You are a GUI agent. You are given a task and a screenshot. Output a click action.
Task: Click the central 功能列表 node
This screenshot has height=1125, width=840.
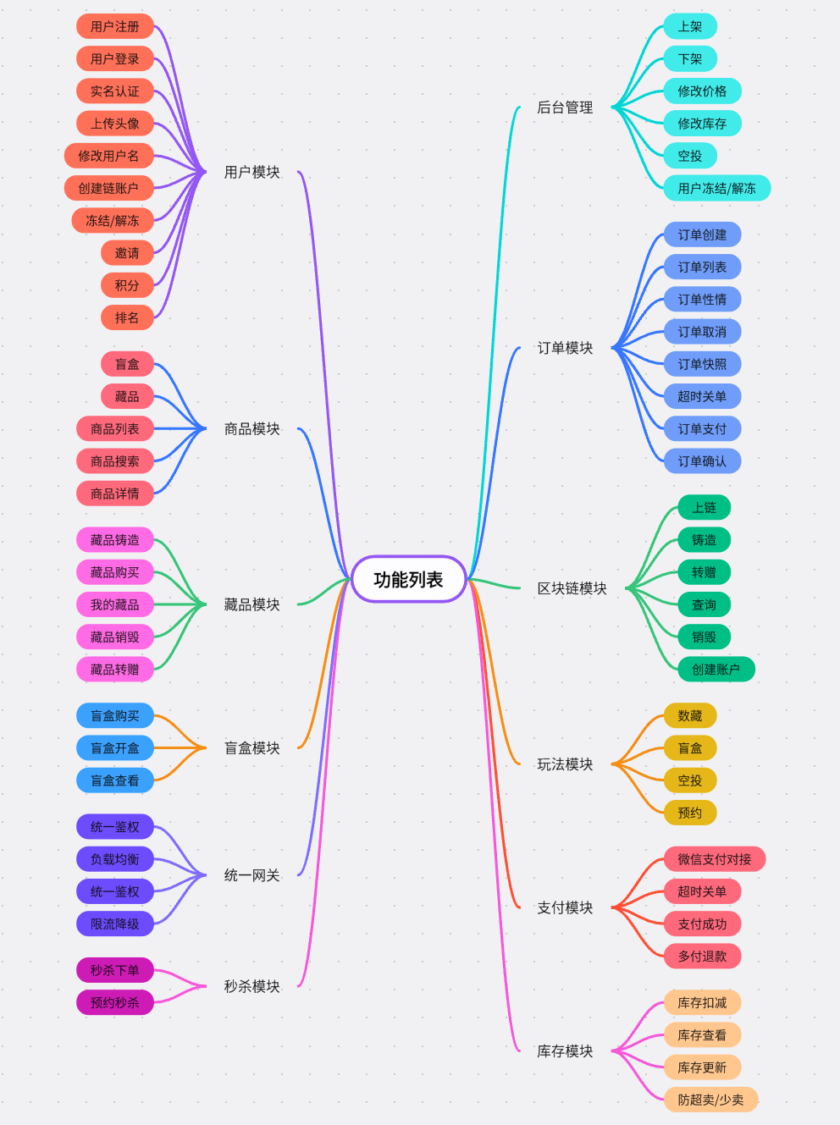(x=408, y=580)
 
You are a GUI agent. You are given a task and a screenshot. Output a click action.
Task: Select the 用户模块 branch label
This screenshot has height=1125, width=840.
(x=251, y=173)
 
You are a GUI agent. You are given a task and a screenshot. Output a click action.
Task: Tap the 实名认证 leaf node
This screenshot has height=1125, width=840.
(x=115, y=91)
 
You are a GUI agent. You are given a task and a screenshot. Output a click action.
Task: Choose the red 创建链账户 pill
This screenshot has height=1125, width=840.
(x=108, y=188)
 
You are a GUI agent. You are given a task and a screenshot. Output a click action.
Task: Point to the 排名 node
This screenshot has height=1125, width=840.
(x=127, y=317)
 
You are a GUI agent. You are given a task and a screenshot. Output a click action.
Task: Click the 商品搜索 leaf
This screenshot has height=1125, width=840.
(x=115, y=461)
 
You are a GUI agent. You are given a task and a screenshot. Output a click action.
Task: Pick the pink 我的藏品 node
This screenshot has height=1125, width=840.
(x=115, y=604)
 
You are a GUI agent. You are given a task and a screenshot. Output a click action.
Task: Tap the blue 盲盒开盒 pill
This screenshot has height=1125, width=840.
(x=115, y=748)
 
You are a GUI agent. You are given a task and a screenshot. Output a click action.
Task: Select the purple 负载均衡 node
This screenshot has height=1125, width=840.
(x=115, y=859)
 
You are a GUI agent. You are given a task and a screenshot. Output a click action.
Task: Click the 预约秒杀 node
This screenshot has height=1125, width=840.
(x=115, y=1003)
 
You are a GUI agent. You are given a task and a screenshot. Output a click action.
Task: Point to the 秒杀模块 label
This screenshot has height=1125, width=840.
(x=251, y=986)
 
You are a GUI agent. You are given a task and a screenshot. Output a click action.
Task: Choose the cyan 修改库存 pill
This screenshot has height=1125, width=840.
(x=702, y=124)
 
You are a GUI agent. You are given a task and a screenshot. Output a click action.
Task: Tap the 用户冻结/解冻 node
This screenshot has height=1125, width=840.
(x=716, y=188)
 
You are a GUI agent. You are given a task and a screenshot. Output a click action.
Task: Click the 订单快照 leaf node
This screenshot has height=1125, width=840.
(x=702, y=364)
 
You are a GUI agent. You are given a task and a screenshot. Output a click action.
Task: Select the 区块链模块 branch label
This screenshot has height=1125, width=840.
(x=572, y=588)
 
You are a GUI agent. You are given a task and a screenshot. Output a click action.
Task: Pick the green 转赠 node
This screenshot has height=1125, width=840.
(x=704, y=572)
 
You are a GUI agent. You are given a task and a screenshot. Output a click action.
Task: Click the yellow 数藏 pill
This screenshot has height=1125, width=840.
(x=690, y=716)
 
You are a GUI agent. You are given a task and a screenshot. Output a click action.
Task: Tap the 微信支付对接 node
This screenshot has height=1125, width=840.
(x=714, y=859)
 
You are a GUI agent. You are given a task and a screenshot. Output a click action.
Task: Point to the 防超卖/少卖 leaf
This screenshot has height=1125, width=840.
(x=710, y=1100)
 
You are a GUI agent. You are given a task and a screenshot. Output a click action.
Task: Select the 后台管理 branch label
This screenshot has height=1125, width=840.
(x=565, y=108)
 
